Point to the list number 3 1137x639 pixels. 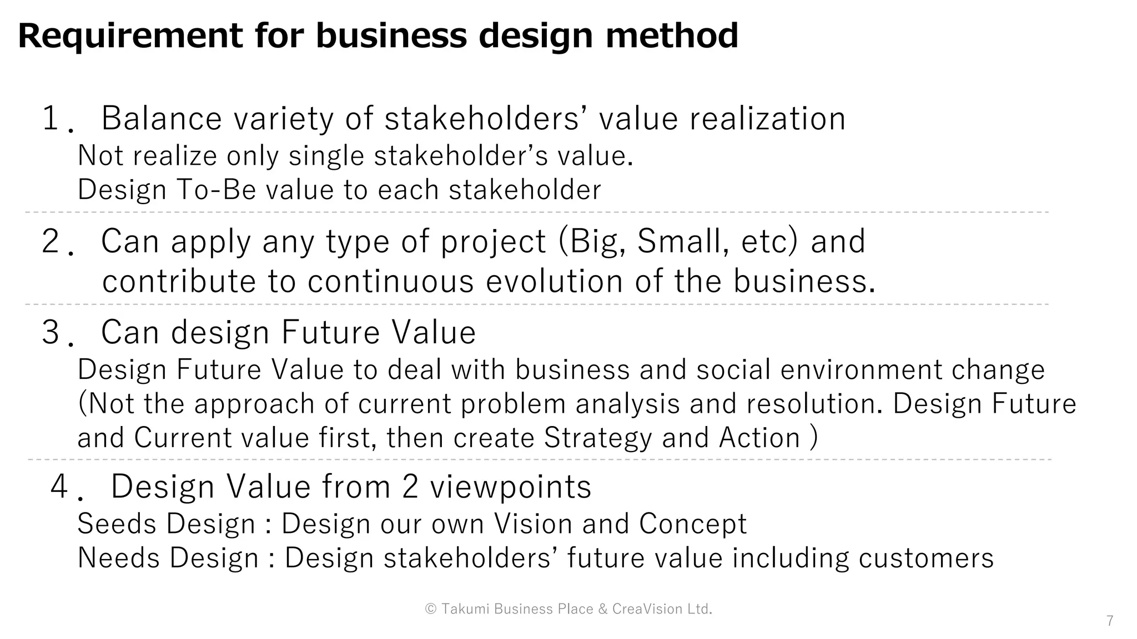pyautogui.click(x=51, y=332)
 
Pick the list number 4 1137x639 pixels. pyautogui.click(x=59, y=486)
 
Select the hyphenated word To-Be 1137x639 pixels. pyautogui.click(x=217, y=190)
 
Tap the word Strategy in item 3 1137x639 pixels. pyautogui.click(x=597, y=438)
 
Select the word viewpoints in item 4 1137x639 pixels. pyautogui.click(x=510, y=486)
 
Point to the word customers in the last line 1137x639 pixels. pyautogui.click(x=925, y=557)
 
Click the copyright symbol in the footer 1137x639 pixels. pyautogui.click(x=431, y=609)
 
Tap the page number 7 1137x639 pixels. pyautogui.click(x=1109, y=621)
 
